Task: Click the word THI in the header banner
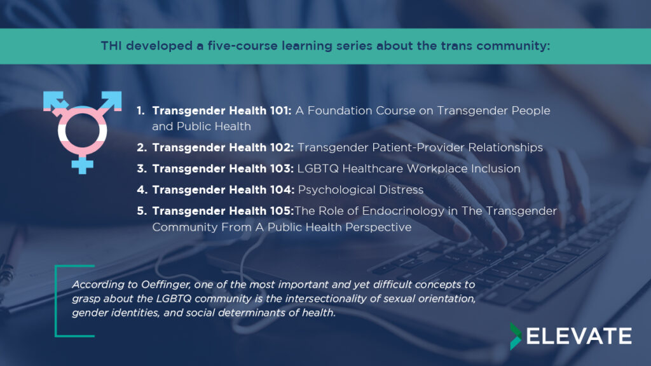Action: (111, 46)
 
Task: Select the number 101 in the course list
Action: (280, 111)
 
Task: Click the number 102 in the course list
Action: (282, 147)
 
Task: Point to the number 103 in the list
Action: (282, 168)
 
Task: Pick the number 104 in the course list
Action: (282, 189)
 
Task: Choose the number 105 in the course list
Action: (282, 211)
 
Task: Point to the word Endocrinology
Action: (403, 211)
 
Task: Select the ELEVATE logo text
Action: (579, 336)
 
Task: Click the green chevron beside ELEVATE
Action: (516, 336)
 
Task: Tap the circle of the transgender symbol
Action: (82, 112)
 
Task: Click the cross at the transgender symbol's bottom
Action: (82, 165)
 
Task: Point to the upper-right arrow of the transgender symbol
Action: (111, 101)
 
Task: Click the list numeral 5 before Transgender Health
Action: (141, 211)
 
